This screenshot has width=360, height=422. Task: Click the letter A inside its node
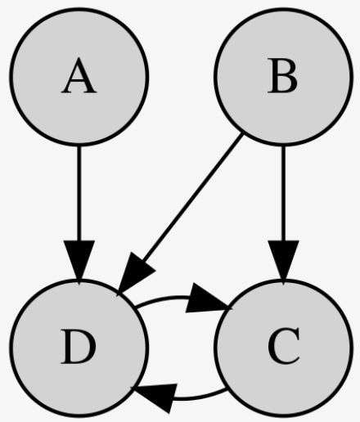(x=79, y=76)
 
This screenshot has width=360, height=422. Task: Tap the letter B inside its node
(x=282, y=76)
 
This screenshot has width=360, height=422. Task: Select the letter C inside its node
(x=284, y=346)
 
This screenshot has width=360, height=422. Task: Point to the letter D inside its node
(x=79, y=347)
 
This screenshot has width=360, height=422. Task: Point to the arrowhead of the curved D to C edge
(x=207, y=299)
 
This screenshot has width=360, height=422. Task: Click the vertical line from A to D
(x=79, y=194)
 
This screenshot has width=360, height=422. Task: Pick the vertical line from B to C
(x=284, y=194)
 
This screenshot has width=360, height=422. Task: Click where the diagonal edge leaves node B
(x=241, y=133)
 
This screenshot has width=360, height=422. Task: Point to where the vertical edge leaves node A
(x=79, y=146)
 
